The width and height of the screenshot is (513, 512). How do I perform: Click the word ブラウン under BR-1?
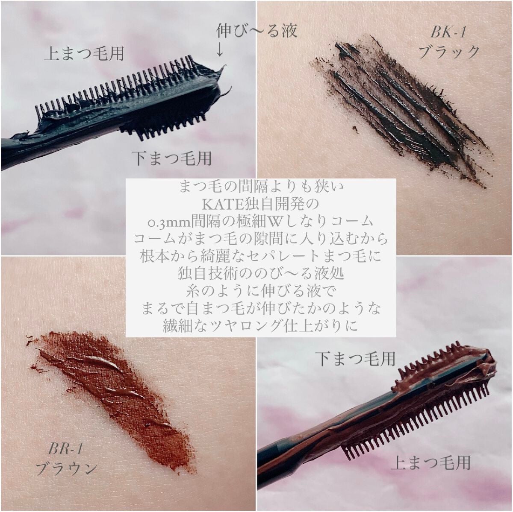click(x=66, y=467)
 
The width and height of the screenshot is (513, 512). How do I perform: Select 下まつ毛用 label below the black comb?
click(x=172, y=159)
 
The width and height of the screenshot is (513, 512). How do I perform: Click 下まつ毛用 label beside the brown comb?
click(x=355, y=358)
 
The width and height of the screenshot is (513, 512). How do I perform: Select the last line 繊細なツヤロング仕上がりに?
click(x=260, y=326)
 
